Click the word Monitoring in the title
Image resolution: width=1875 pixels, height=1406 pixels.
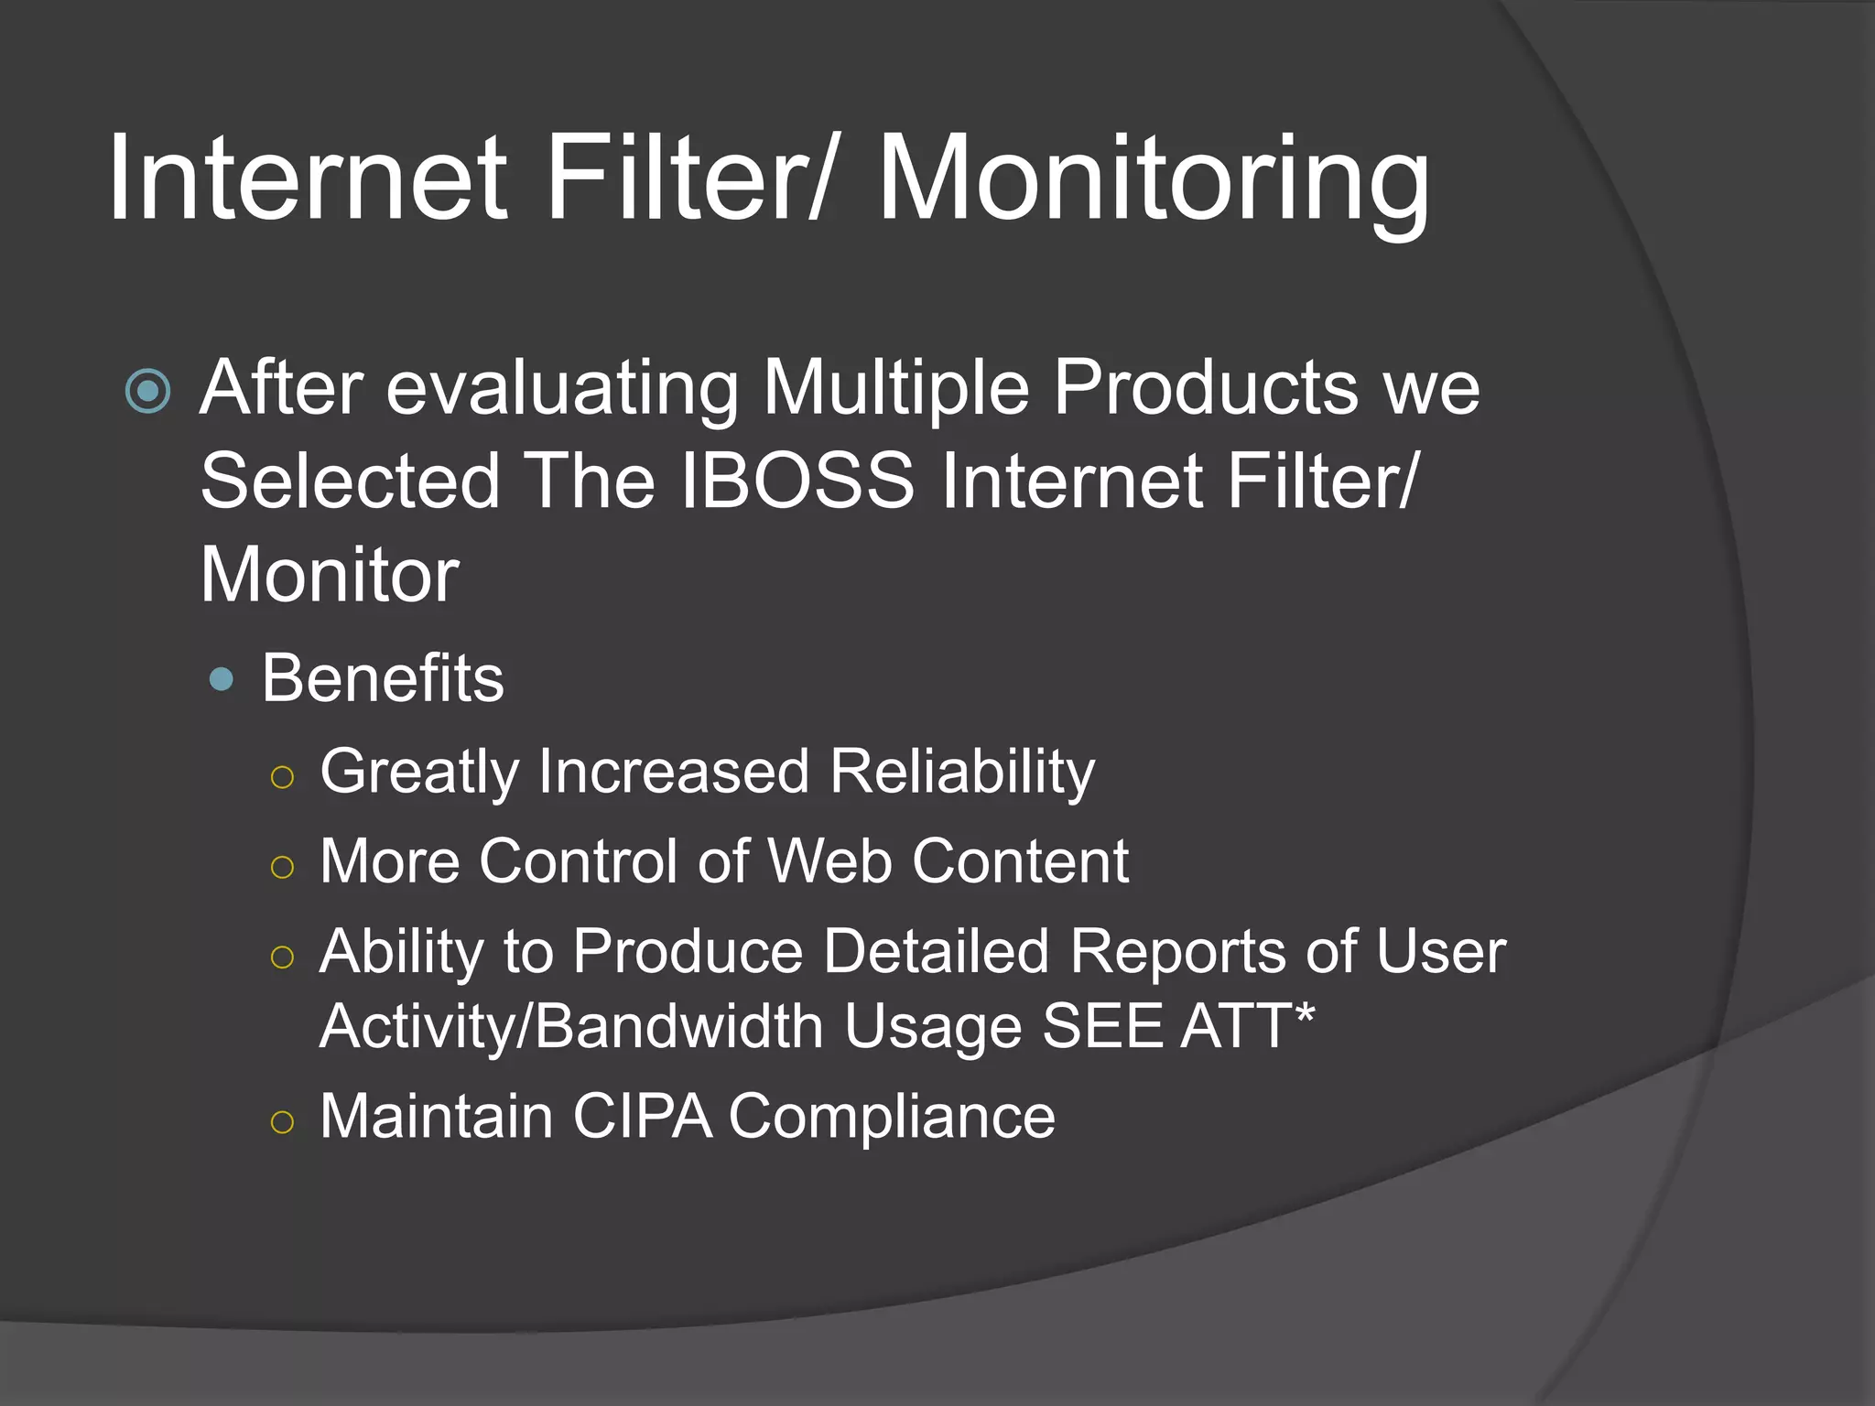[1154, 178]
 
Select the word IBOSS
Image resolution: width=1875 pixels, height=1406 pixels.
[797, 481]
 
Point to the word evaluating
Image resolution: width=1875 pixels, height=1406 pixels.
[561, 389]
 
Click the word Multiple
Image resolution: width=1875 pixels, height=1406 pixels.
[895, 389]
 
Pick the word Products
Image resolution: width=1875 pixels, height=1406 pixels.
[1205, 387]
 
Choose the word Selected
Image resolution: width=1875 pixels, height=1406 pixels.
[350, 481]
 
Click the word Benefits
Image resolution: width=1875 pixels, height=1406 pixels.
[383, 678]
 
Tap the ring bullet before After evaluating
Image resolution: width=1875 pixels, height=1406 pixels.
[148, 392]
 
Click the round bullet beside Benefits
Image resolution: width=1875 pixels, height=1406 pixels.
[222, 679]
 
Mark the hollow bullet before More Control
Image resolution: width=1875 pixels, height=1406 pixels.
[283, 867]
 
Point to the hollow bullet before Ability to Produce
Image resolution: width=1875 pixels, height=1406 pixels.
[283, 957]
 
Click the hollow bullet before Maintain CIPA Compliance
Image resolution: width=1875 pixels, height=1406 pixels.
[283, 1121]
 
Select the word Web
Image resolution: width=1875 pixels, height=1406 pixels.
[829, 861]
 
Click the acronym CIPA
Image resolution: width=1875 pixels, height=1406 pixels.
[642, 1116]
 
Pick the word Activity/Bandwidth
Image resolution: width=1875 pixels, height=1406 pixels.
[571, 1026]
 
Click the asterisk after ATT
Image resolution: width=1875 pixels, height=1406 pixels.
[1306, 1012]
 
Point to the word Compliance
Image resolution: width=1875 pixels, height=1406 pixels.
[892, 1118]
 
